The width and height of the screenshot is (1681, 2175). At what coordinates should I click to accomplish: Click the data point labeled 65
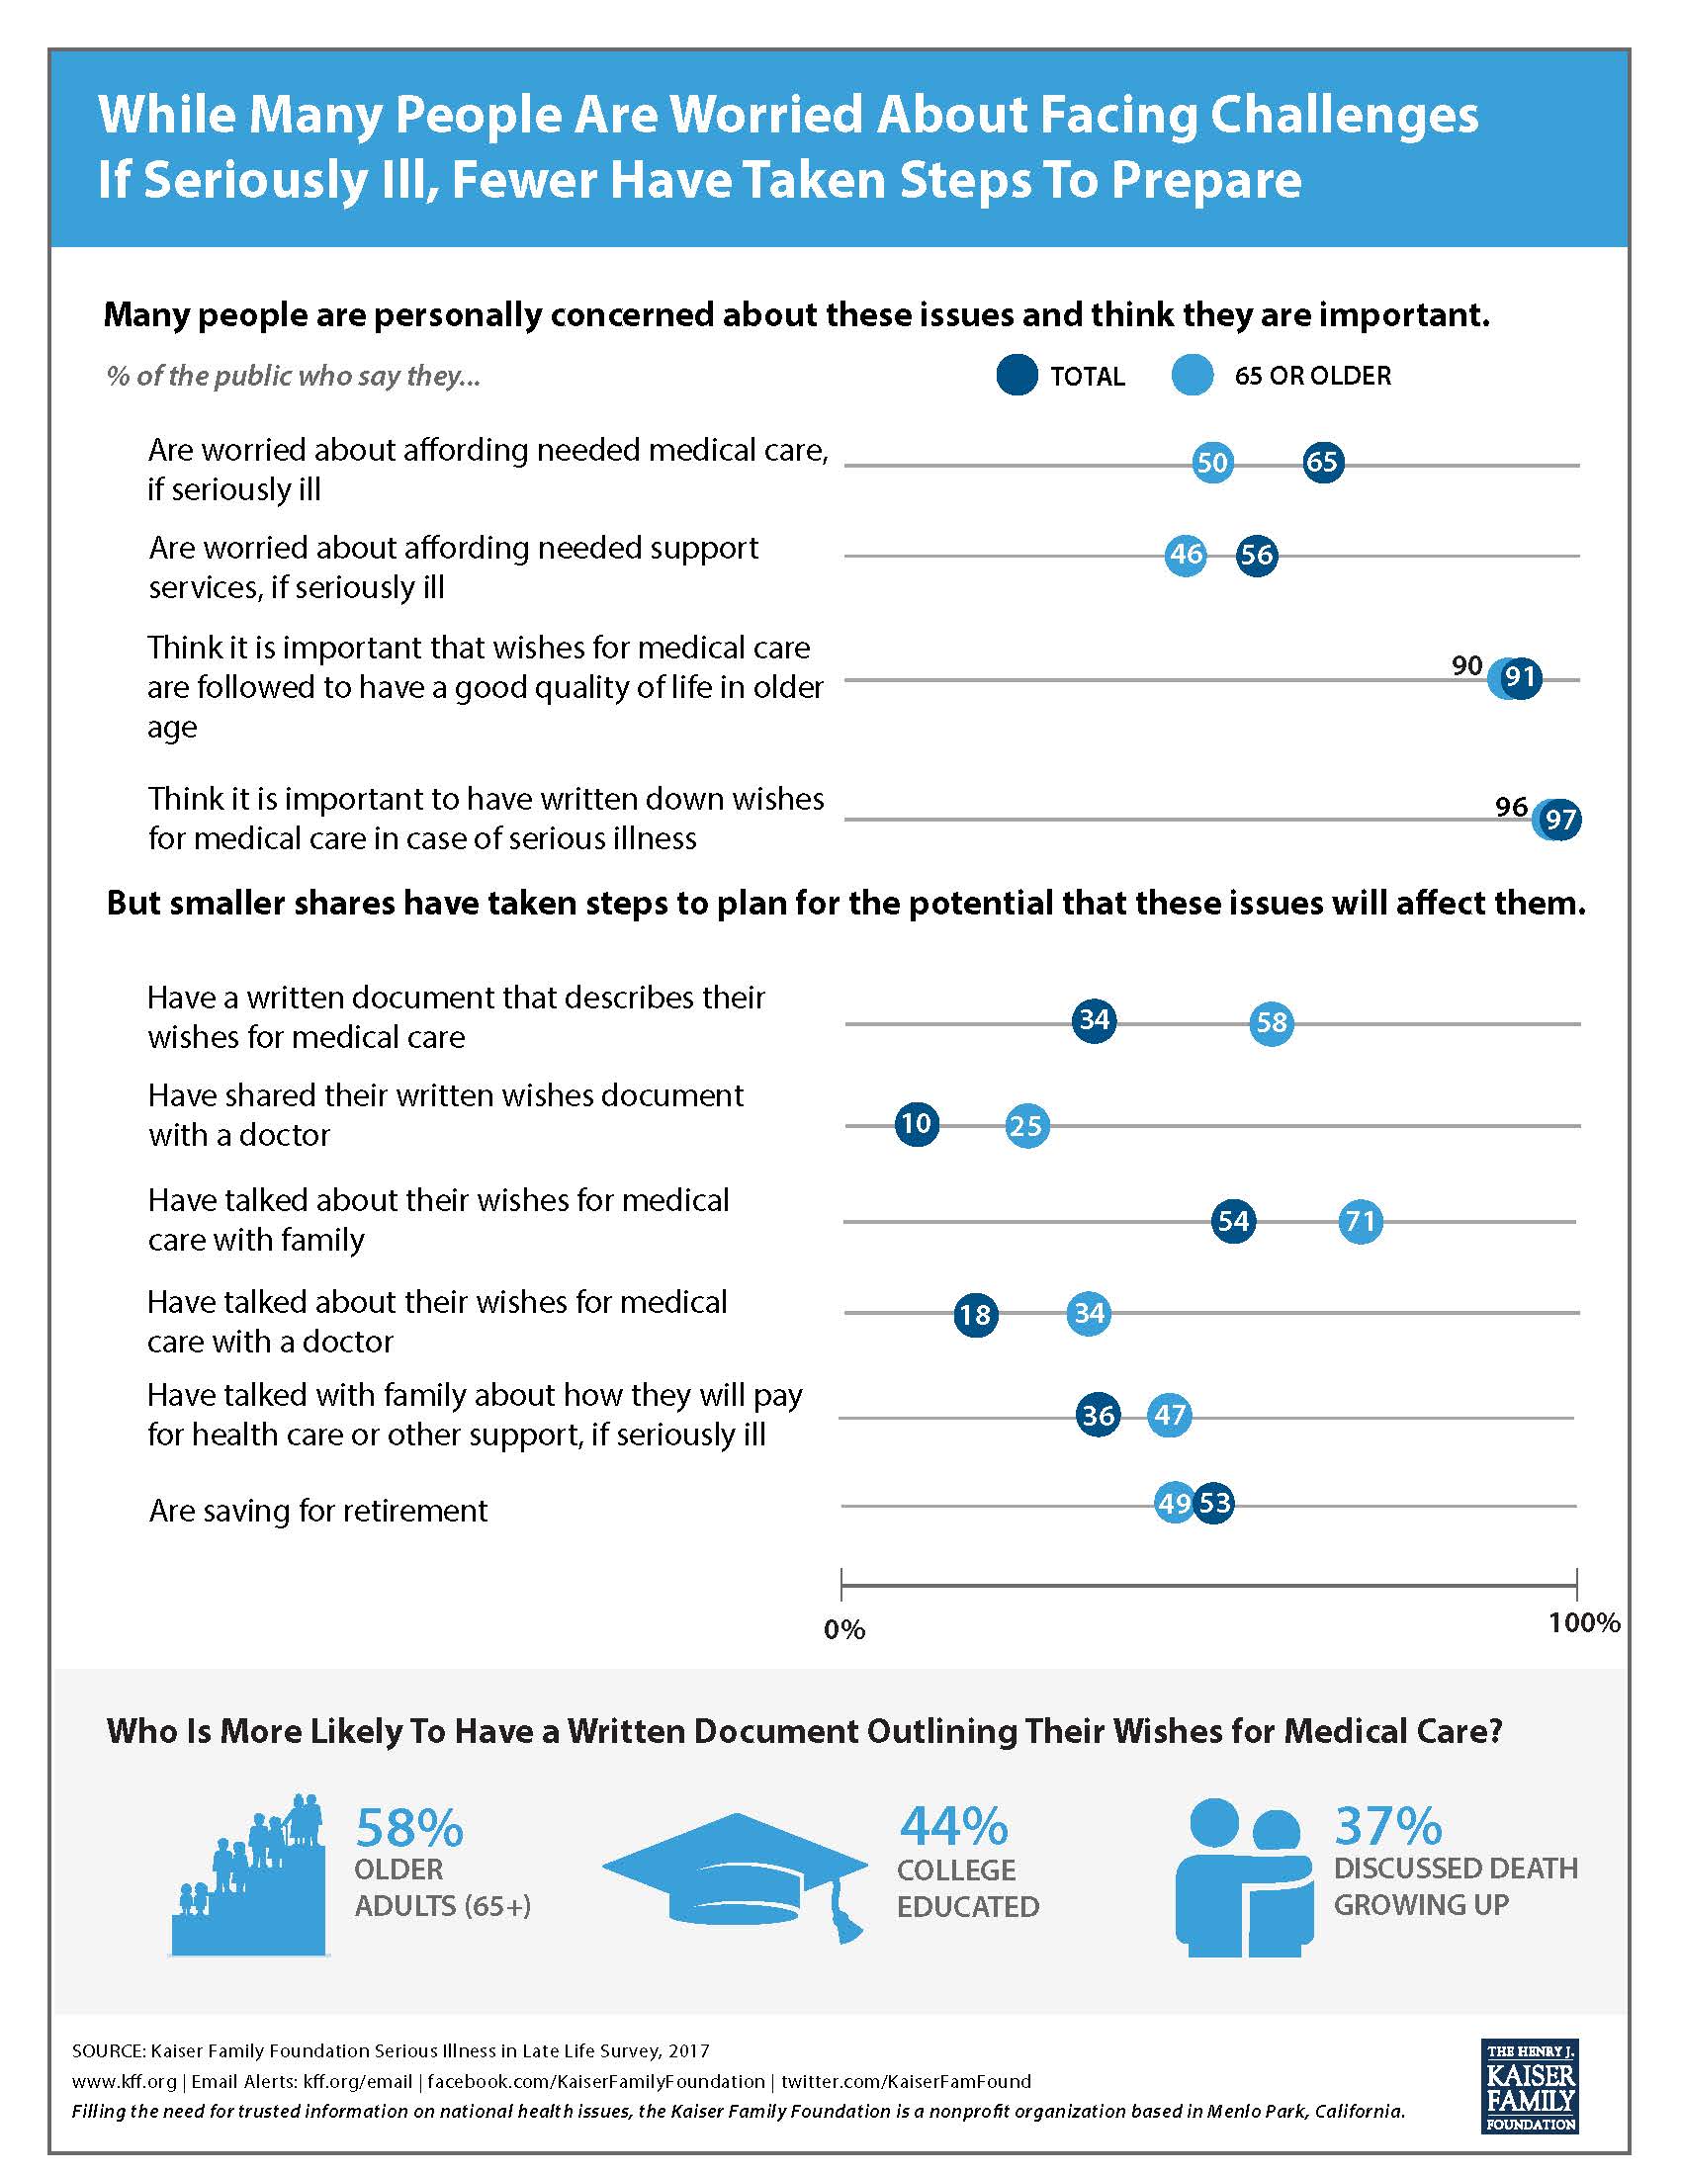tap(1321, 463)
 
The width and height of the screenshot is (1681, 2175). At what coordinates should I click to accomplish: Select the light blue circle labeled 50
tap(1212, 463)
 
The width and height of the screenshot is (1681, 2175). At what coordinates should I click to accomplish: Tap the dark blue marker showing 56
tap(1257, 555)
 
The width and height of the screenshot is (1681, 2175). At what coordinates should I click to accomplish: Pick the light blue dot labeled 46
tap(1186, 555)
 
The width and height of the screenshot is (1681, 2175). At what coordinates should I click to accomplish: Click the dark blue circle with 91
tap(1520, 678)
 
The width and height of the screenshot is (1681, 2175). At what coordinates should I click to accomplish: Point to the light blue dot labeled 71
tap(1361, 1221)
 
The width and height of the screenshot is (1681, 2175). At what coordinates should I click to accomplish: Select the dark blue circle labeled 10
tap(917, 1124)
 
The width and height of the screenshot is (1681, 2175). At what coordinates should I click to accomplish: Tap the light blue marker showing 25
tap(1026, 1126)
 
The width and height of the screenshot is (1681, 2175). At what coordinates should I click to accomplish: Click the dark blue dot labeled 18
tap(975, 1315)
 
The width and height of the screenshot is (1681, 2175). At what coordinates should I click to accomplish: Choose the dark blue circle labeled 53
tap(1215, 1502)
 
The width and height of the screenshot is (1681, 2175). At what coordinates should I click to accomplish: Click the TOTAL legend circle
tap(1017, 376)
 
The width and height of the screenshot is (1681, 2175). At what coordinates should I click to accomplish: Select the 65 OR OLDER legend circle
tap(1194, 376)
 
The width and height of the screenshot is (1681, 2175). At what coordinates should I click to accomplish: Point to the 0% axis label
tap(844, 1630)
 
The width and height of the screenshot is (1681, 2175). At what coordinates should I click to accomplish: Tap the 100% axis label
tap(1584, 1622)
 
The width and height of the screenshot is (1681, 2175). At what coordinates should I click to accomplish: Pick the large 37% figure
tap(1387, 1825)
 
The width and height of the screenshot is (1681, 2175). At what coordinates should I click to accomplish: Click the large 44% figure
tap(953, 1825)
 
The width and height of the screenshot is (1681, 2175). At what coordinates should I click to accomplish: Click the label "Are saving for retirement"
tap(318, 1512)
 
